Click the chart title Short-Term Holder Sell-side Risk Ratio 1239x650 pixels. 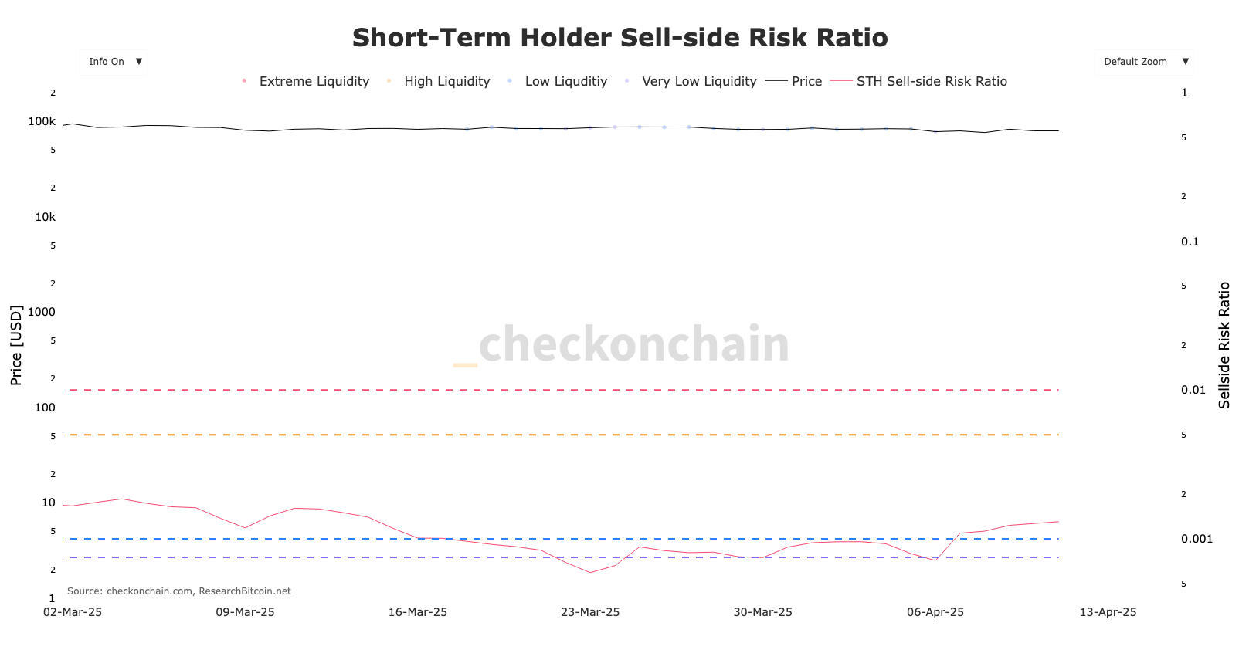tap(619, 38)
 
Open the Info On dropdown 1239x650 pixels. tap(114, 62)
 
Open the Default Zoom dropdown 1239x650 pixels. tap(1144, 62)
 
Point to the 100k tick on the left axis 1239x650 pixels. tap(42, 121)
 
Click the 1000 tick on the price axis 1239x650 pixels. tap(42, 312)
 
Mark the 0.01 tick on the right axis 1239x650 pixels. tap(1193, 390)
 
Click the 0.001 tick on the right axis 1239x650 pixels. tap(1197, 539)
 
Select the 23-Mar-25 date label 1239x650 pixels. tap(590, 612)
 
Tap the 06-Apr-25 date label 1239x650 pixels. tap(935, 612)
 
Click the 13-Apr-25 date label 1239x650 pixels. tap(1108, 612)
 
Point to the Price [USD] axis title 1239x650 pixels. tap(16, 345)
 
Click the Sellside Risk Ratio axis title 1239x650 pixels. tap(1224, 345)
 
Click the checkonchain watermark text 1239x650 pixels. tap(633, 344)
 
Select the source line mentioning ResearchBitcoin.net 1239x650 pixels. tap(179, 591)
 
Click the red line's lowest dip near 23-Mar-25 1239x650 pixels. tap(590, 572)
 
